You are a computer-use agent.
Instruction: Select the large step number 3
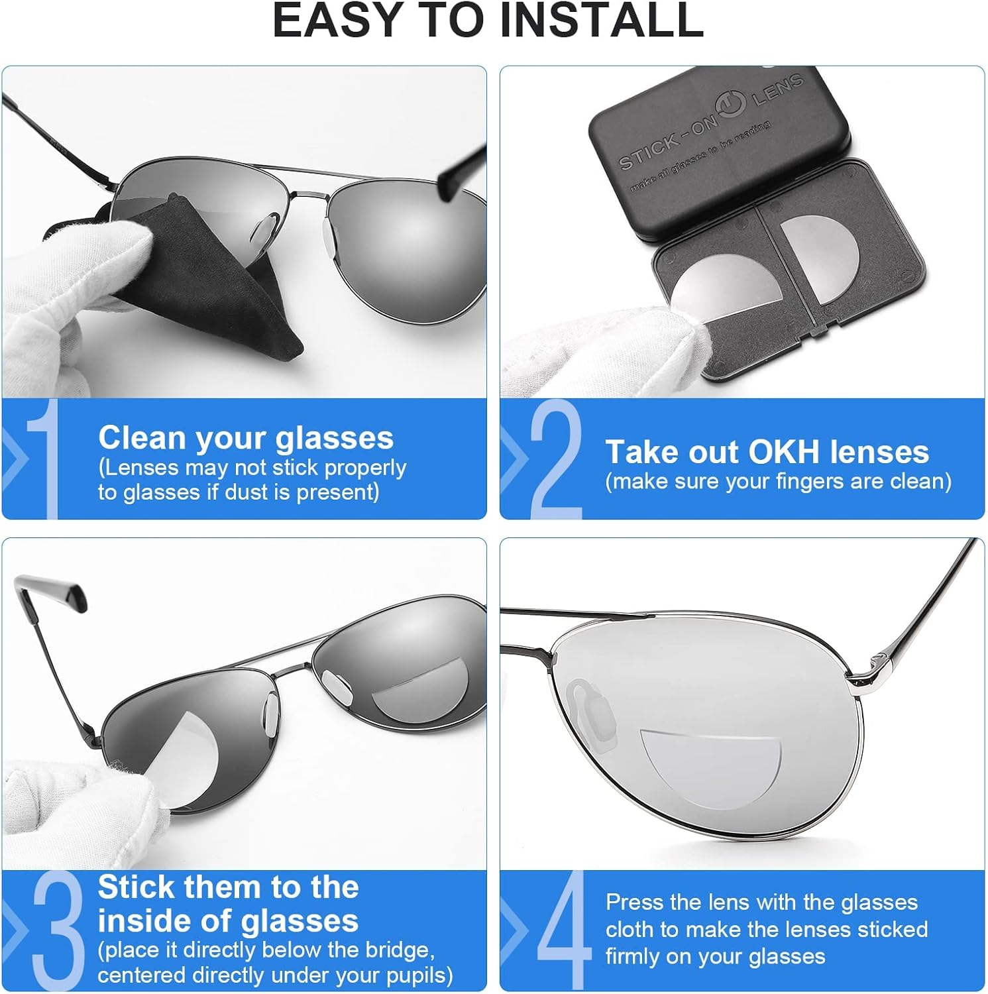click(x=58, y=931)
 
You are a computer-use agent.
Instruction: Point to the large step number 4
click(x=563, y=931)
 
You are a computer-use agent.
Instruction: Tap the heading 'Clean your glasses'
click(x=245, y=438)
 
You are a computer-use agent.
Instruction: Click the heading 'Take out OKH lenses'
click(x=767, y=452)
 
